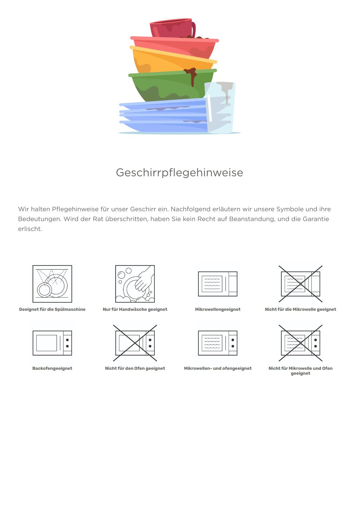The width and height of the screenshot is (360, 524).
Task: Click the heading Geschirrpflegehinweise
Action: pos(180,173)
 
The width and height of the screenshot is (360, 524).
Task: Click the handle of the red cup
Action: pos(193,29)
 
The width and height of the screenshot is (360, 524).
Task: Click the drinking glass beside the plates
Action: pos(220,108)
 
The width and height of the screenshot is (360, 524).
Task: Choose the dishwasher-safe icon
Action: pos(52,284)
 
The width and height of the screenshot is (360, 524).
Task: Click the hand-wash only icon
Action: pos(135,284)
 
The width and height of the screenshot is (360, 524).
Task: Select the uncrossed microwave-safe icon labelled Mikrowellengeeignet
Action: pos(218,284)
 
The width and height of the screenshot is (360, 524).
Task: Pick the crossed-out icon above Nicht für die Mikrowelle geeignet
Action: pos(301,284)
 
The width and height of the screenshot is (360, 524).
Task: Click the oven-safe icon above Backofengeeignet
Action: pos(52,343)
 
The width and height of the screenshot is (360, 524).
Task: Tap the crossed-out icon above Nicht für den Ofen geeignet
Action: pos(135,343)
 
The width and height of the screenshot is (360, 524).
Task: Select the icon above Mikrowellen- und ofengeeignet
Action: pos(218,343)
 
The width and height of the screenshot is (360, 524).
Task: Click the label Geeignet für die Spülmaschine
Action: pos(52,309)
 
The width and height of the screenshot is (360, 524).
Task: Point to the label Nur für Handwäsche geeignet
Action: pos(135,309)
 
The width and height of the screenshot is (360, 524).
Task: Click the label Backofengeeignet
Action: pos(52,368)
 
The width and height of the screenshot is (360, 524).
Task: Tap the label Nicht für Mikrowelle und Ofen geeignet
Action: pos(301,371)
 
